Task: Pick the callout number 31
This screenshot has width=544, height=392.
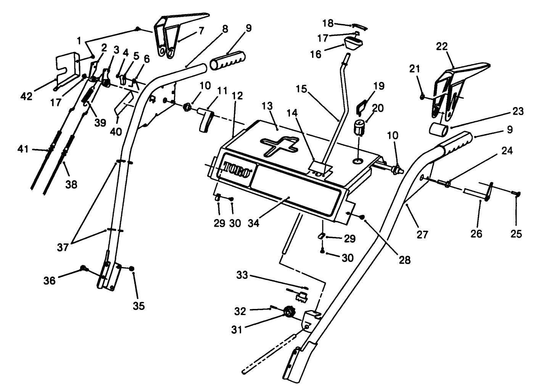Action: (x=237, y=329)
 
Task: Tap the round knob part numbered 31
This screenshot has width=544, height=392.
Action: (x=288, y=313)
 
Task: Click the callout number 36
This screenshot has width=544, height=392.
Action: (x=50, y=281)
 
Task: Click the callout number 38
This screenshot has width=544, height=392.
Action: (x=71, y=184)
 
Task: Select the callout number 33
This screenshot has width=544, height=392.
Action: (x=242, y=275)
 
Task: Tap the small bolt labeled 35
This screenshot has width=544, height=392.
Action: (x=132, y=269)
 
